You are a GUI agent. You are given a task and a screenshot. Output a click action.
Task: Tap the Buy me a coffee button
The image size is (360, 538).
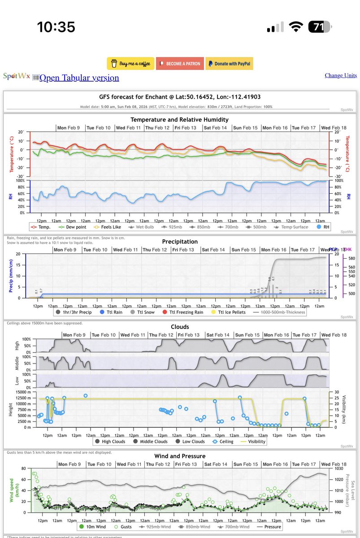[x=130, y=64]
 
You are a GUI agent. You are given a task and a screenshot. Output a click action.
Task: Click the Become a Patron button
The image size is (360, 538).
[x=180, y=64]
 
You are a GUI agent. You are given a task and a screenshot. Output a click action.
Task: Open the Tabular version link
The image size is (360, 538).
[x=79, y=78]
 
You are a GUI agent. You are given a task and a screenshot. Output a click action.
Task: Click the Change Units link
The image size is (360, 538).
[x=341, y=75]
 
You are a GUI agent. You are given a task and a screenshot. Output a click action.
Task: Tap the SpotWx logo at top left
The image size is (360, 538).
[x=17, y=76]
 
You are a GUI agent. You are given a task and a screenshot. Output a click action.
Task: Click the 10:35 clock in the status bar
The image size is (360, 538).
[x=56, y=27]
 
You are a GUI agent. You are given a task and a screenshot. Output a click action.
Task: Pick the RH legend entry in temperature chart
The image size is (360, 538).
[x=323, y=227]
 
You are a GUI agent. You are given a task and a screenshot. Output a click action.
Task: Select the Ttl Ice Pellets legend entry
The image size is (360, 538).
[x=229, y=312]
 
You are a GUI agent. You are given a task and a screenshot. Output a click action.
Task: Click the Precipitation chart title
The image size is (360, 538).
[x=180, y=241]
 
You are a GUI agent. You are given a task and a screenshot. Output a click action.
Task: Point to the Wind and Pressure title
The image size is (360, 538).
[x=180, y=456]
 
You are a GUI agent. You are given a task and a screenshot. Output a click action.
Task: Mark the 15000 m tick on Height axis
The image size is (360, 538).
[x=21, y=392]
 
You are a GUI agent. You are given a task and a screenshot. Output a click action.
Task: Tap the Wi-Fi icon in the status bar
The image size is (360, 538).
[x=295, y=27]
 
